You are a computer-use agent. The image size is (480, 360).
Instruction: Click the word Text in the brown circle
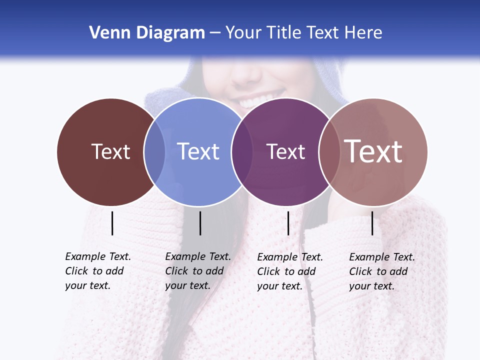(110, 151)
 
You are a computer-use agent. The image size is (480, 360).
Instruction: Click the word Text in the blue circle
(198, 151)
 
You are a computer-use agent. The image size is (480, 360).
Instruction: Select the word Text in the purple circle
(285, 151)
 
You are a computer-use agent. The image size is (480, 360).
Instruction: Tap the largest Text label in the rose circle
(373, 151)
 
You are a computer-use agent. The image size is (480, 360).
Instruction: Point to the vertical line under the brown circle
(112, 223)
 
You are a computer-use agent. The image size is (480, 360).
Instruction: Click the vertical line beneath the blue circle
(200, 223)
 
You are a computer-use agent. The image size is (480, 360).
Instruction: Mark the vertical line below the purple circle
(288, 223)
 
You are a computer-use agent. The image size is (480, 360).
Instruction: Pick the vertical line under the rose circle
(372, 223)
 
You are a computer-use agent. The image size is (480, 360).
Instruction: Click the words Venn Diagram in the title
(147, 33)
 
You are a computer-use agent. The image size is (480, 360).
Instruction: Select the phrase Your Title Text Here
(303, 33)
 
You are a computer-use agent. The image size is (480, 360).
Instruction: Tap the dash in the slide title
(215, 33)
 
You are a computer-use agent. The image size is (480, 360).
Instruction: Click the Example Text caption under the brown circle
(98, 271)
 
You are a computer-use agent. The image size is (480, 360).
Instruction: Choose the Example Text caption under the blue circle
(198, 271)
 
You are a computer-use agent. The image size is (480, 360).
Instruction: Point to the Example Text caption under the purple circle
(290, 271)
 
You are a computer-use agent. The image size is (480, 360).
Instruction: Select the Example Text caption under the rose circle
(382, 271)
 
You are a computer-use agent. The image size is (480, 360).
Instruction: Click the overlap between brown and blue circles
(154, 151)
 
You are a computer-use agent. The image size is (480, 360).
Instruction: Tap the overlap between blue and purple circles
(242, 151)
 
